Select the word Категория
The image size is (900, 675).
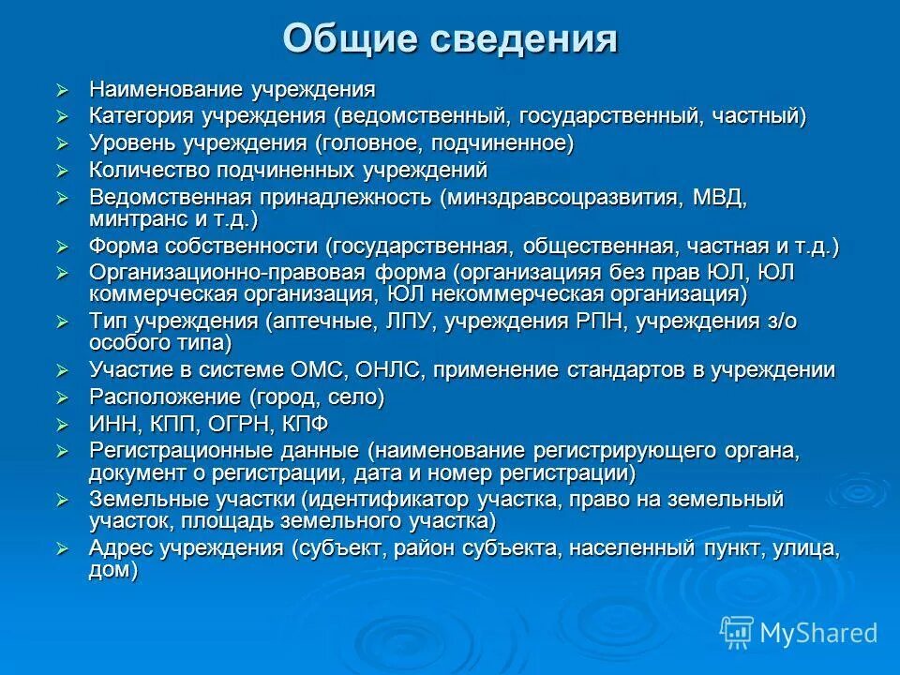[x=142, y=116]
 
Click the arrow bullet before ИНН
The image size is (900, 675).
[x=62, y=424]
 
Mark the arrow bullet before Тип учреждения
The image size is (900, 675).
[x=62, y=322]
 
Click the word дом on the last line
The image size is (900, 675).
[x=111, y=570]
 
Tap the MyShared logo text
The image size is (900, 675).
[x=817, y=632]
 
